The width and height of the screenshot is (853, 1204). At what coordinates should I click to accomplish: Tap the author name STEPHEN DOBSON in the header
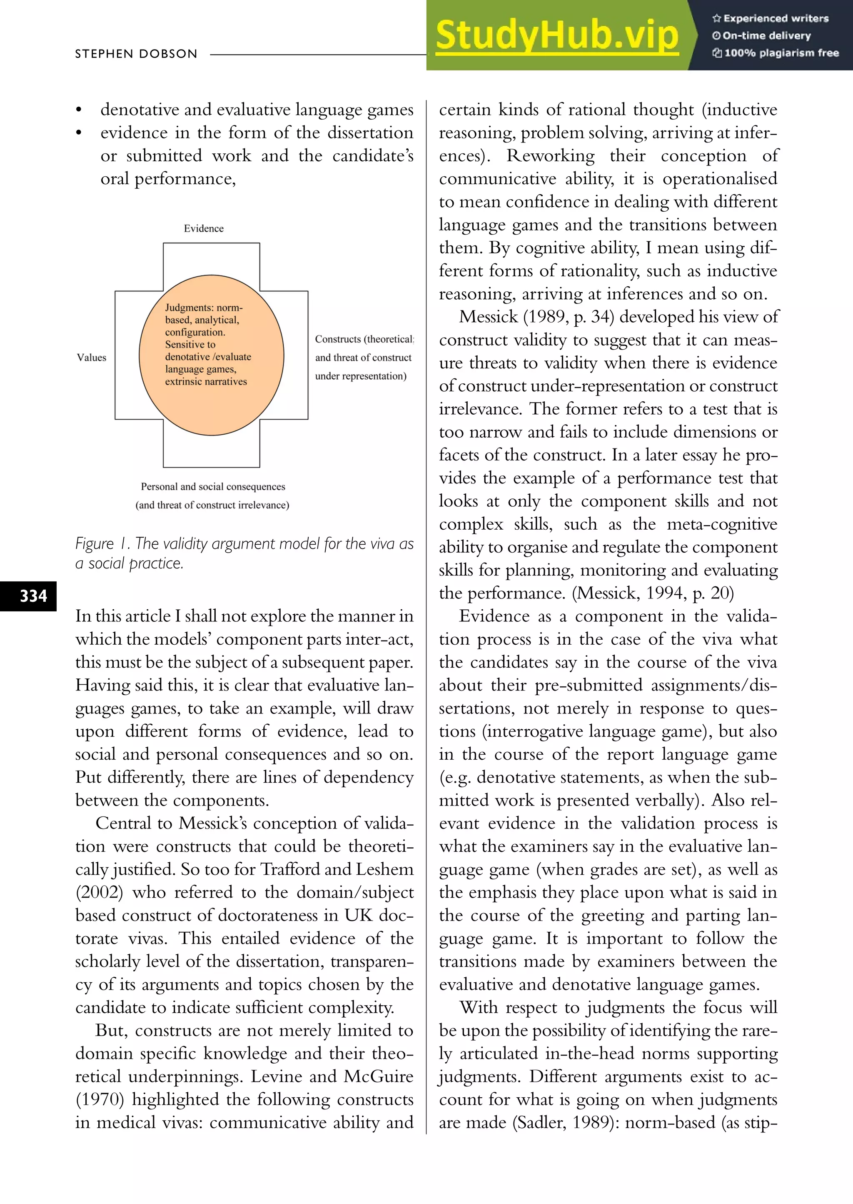(136, 54)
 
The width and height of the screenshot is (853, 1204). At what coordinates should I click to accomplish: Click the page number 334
(33, 596)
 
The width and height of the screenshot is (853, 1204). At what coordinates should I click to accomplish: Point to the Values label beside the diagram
(91, 357)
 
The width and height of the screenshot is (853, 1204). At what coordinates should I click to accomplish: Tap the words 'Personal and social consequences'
(213, 487)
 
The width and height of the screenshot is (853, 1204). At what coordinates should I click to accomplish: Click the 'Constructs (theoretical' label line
(364, 340)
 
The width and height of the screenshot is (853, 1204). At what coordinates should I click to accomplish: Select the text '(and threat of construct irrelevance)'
(212, 505)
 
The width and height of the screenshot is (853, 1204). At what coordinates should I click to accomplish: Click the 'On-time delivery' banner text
(766, 36)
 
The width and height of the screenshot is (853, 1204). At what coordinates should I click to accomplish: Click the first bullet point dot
(79, 110)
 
